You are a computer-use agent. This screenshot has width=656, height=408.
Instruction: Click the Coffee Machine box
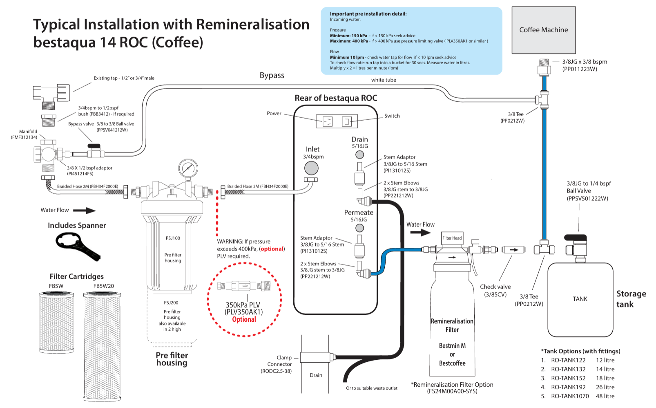[543, 30]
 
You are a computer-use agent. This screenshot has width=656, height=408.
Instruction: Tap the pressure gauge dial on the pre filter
[188, 168]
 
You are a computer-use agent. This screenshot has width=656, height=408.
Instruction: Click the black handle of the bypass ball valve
[94, 146]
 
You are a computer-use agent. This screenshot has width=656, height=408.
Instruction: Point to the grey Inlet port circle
[311, 168]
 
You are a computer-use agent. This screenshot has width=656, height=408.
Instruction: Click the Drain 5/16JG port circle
[359, 155]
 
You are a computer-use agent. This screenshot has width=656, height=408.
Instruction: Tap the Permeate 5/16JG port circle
[359, 228]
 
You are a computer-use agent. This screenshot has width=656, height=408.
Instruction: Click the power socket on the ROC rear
[328, 121]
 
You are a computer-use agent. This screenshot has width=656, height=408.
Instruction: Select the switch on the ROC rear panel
[346, 121]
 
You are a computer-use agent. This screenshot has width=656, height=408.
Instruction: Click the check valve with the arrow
[513, 249]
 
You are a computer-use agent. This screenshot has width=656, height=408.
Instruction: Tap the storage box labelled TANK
[580, 299]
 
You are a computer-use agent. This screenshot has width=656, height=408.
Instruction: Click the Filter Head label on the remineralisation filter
[452, 238]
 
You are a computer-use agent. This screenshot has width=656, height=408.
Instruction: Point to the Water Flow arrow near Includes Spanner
[84, 211]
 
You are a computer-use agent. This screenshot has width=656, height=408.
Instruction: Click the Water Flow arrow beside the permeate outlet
[420, 233]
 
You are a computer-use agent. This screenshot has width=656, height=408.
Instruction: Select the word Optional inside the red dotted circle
[244, 320]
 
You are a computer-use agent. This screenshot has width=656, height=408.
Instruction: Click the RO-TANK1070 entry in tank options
[570, 396]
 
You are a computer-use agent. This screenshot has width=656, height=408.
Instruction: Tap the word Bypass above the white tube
[272, 75]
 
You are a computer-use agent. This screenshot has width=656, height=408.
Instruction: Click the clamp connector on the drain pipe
[315, 357]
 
